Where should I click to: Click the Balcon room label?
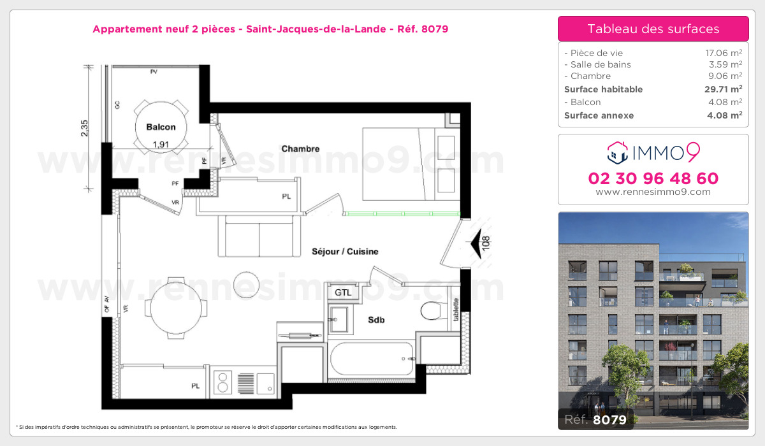[161, 127]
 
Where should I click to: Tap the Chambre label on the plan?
[300, 149]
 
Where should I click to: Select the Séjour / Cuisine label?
[345, 252]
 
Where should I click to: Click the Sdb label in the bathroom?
[376, 320]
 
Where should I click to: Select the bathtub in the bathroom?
[372, 359]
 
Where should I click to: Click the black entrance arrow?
[476, 244]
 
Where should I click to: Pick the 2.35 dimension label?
[85, 127]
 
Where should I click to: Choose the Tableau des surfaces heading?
[653, 29]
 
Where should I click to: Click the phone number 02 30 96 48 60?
[653, 178]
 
